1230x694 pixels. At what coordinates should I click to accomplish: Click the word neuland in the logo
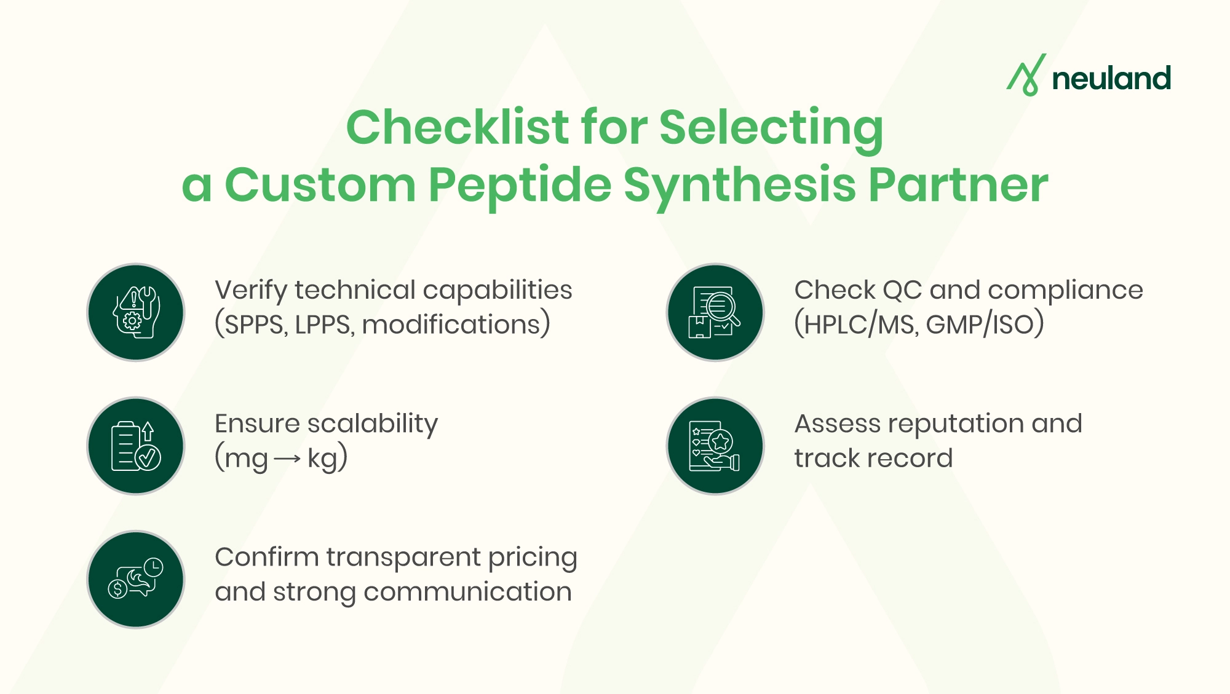[1111, 79]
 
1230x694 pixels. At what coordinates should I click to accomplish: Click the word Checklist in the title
[458, 127]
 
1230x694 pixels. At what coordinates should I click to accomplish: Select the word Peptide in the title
[520, 184]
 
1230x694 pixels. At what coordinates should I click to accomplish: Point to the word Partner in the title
[958, 184]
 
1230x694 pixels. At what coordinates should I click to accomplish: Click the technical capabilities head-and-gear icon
[136, 312]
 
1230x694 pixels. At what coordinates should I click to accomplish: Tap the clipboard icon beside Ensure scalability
[136, 446]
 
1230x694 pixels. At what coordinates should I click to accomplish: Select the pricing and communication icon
[136, 579]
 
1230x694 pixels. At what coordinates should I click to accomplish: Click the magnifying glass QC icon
[715, 312]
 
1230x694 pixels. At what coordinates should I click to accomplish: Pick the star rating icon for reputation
[715, 446]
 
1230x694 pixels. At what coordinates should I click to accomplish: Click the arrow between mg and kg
[287, 459]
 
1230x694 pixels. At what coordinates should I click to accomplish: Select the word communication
[467, 592]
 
